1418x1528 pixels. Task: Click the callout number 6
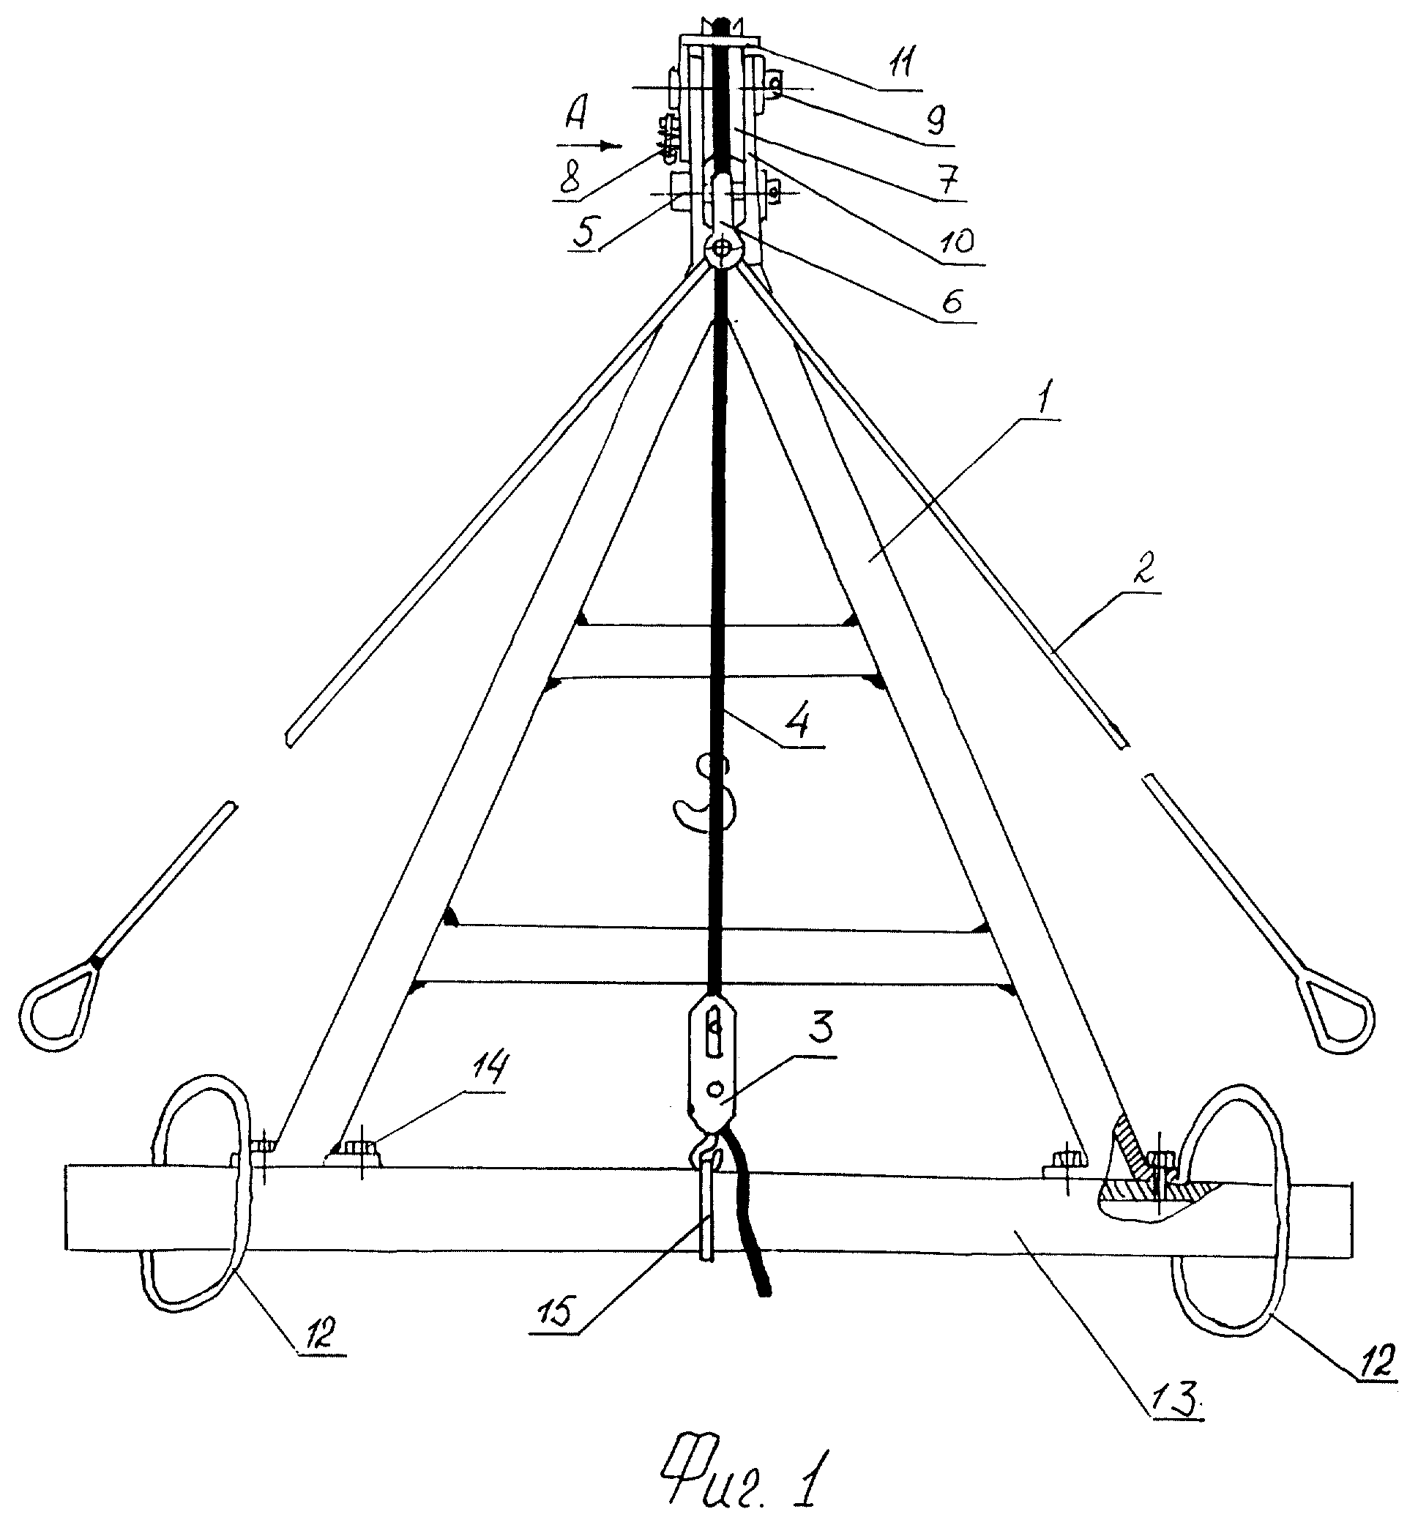click(x=952, y=300)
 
